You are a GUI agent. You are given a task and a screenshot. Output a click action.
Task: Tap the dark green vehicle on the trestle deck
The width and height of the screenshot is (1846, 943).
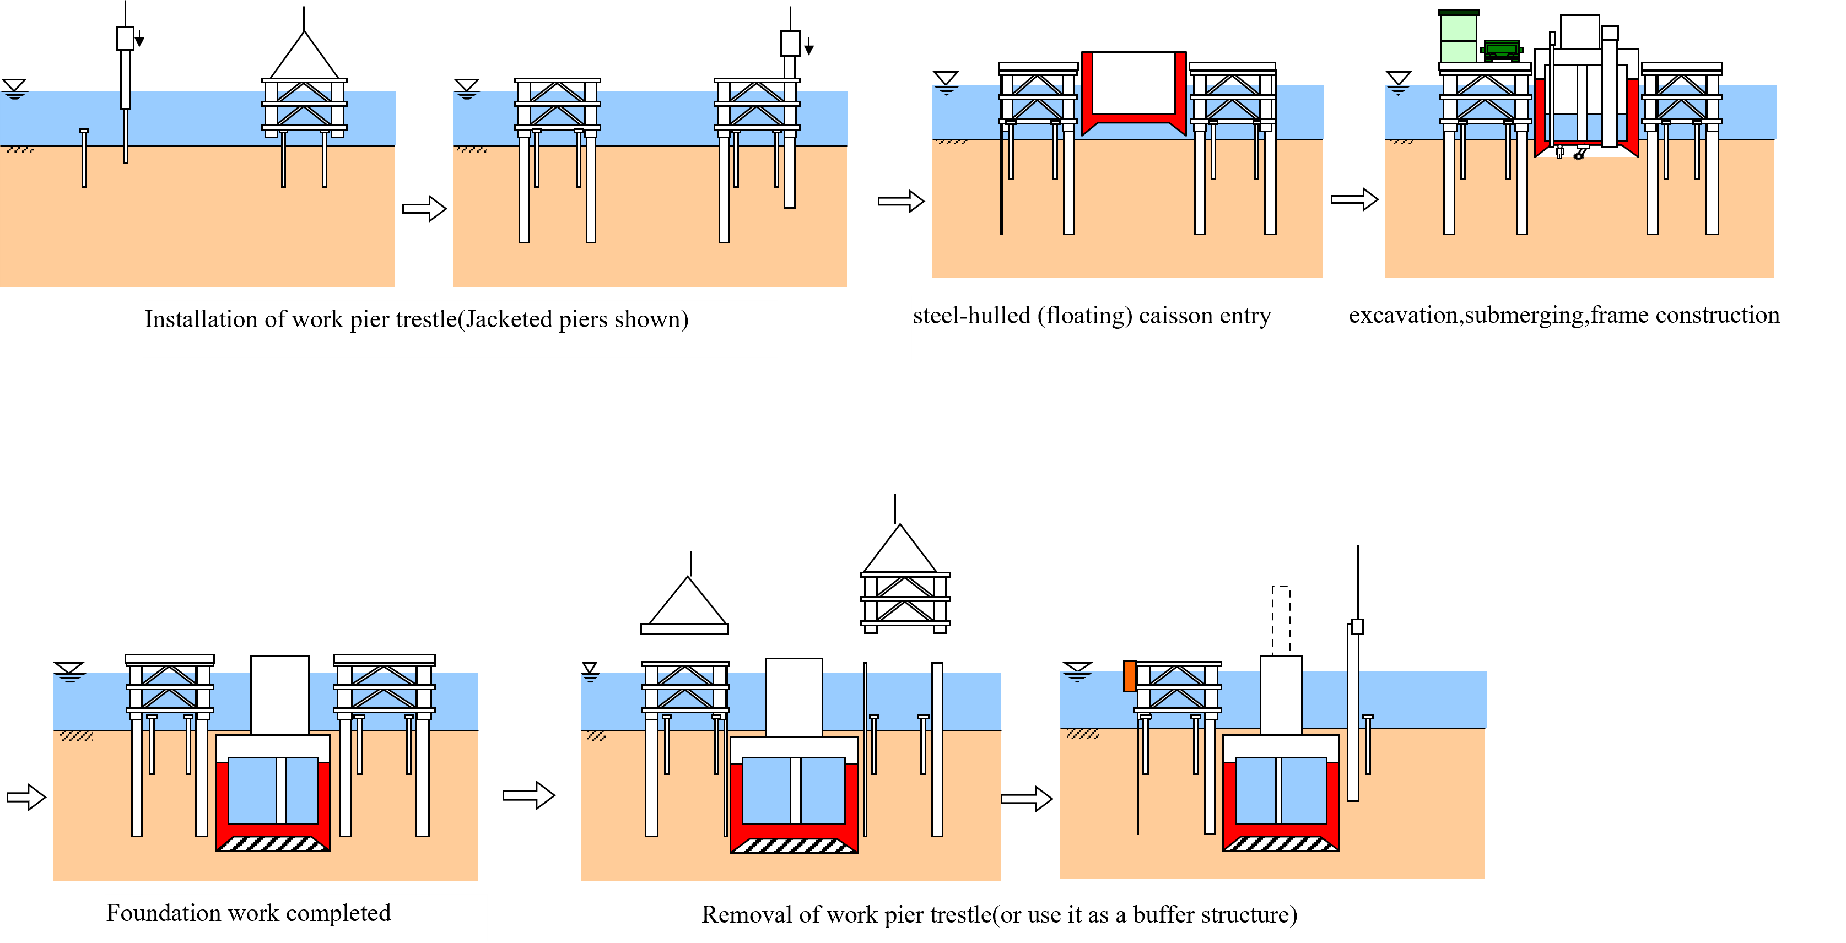point(1501,50)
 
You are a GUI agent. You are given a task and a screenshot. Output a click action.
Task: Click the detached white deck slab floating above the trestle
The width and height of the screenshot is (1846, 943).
point(684,628)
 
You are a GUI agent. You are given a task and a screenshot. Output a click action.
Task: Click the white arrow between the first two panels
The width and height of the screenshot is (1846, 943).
point(424,209)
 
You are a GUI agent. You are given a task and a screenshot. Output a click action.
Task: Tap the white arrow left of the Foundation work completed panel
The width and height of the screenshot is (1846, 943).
point(26,797)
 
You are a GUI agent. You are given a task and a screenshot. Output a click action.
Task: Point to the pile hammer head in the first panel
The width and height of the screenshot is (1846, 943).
point(126,39)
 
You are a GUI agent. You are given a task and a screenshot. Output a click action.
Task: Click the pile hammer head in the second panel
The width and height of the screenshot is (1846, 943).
point(790,43)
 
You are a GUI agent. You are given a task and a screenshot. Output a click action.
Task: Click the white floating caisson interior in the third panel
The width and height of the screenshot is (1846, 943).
point(1133,83)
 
